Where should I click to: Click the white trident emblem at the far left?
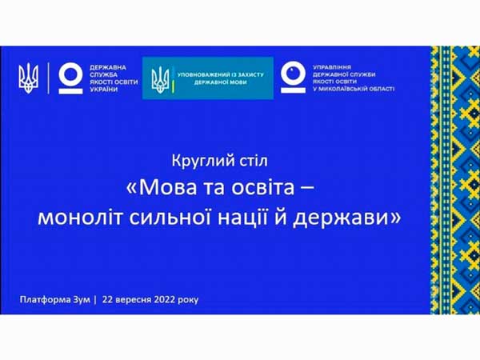point(29,78)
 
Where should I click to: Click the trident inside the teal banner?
point(160,80)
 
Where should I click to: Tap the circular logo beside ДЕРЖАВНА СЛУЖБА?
point(70,78)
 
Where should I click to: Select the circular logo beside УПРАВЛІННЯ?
point(294,78)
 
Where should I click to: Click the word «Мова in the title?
point(162,187)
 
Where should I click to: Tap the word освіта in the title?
point(262,187)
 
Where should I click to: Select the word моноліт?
point(80,218)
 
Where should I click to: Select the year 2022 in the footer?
point(165,299)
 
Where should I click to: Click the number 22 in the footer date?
point(108,299)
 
